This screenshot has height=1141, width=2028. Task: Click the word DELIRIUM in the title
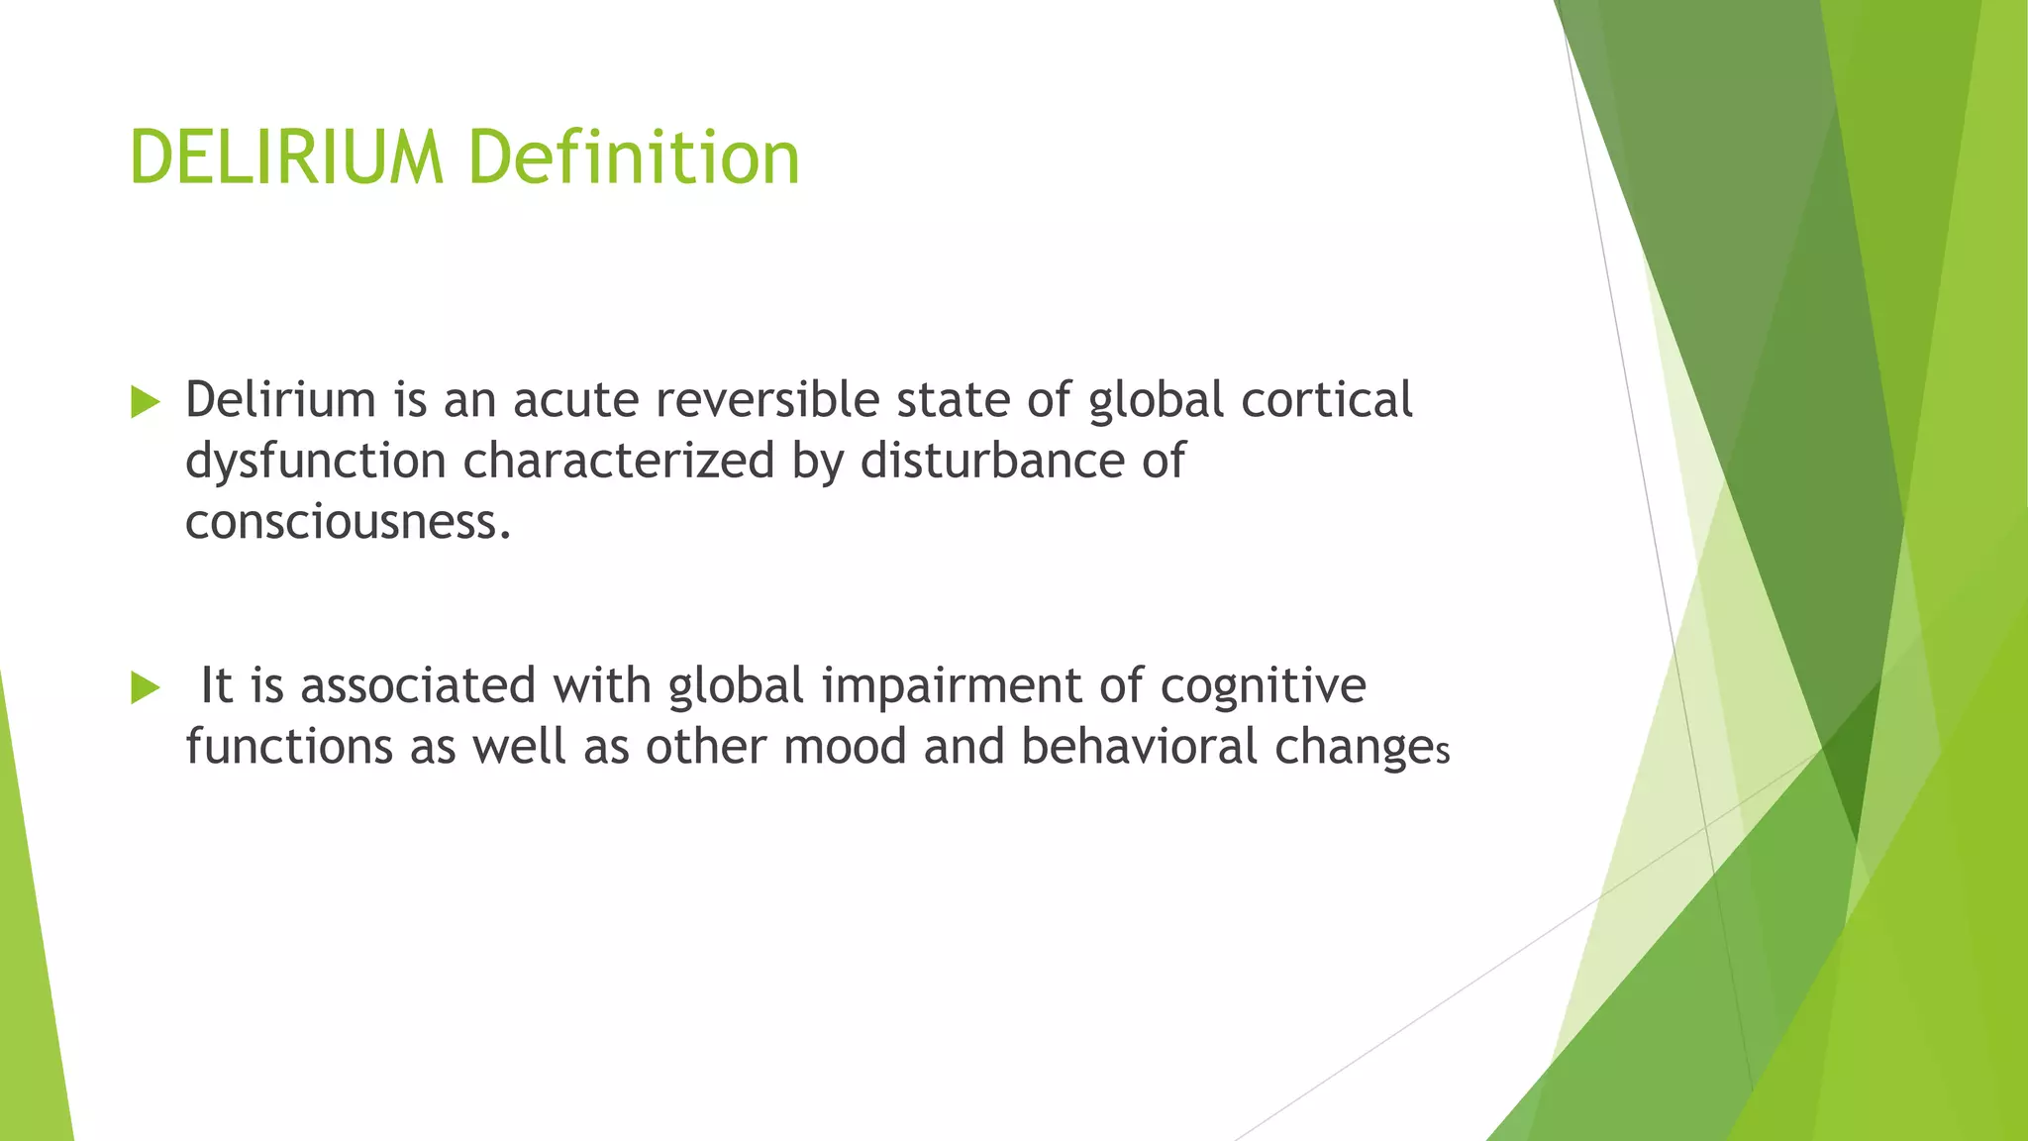pyautogui.click(x=286, y=158)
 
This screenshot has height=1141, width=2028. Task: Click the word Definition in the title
pyautogui.click(x=634, y=158)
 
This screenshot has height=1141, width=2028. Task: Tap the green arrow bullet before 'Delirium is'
pyautogui.click(x=145, y=402)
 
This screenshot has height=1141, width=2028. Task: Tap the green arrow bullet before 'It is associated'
pyautogui.click(x=145, y=687)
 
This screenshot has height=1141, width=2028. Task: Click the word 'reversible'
pyautogui.click(x=767, y=400)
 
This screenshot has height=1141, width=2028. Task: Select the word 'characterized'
pyautogui.click(x=618, y=462)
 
